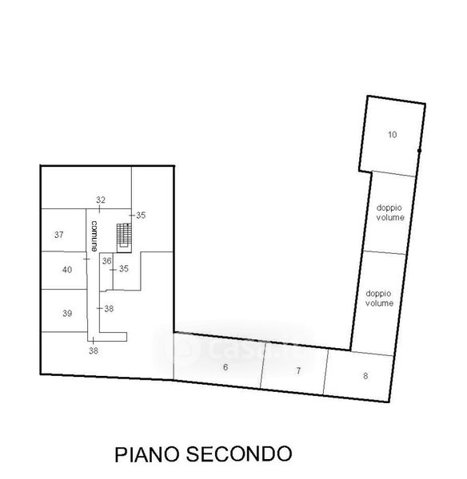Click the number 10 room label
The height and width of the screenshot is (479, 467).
pyautogui.click(x=392, y=134)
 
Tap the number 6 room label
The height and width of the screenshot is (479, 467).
pyautogui.click(x=226, y=367)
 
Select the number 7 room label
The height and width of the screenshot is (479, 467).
pyautogui.click(x=298, y=370)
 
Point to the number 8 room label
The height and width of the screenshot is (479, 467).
pyautogui.click(x=365, y=376)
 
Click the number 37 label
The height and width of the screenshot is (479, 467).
pyautogui.click(x=59, y=235)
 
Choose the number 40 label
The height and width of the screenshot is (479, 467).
pyautogui.click(x=67, y=270)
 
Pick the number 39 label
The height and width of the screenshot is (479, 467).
pyautogui.click(x=67, y=313)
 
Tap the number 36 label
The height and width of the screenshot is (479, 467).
pyautogui.click(x=107, y=261)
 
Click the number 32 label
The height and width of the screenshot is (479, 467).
pyautogui.click(x=101, y=200)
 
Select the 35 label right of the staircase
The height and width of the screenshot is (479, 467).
pyautogui.click(x=141, y=215)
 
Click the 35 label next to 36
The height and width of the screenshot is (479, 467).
pyautogui.click(x=124, y=268)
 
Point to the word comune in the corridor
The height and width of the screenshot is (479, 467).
pyautogui.click(x=94, y=236)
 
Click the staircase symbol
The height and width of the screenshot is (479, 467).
pyautogui.click(x=124, y=238)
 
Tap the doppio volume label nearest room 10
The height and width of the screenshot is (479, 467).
pyautogui.click(x=390, y=212)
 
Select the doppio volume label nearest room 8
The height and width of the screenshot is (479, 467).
pyautogui.click(x=379, y=298)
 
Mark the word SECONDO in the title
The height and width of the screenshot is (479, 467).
pyautogui.click(x=239, y=453)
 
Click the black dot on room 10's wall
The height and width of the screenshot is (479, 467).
pyautogui.click(x=419, y=151)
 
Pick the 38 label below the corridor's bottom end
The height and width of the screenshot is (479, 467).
pyautogui.click(x=94, y=350)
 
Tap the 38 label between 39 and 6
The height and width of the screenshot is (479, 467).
pyautogui.click(x=109, y=308)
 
